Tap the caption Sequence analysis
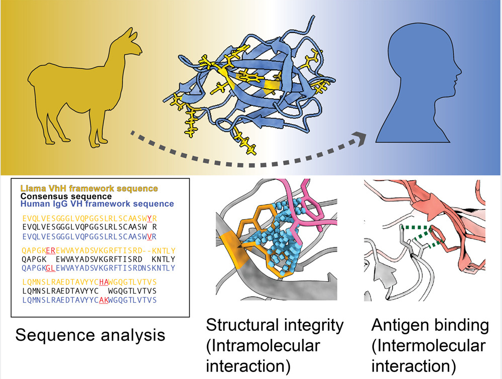click(x=90, y=334)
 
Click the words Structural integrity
click(x=275, y=325)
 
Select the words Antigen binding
click(x=430, y=325)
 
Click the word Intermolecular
click(x=429, y=346)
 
